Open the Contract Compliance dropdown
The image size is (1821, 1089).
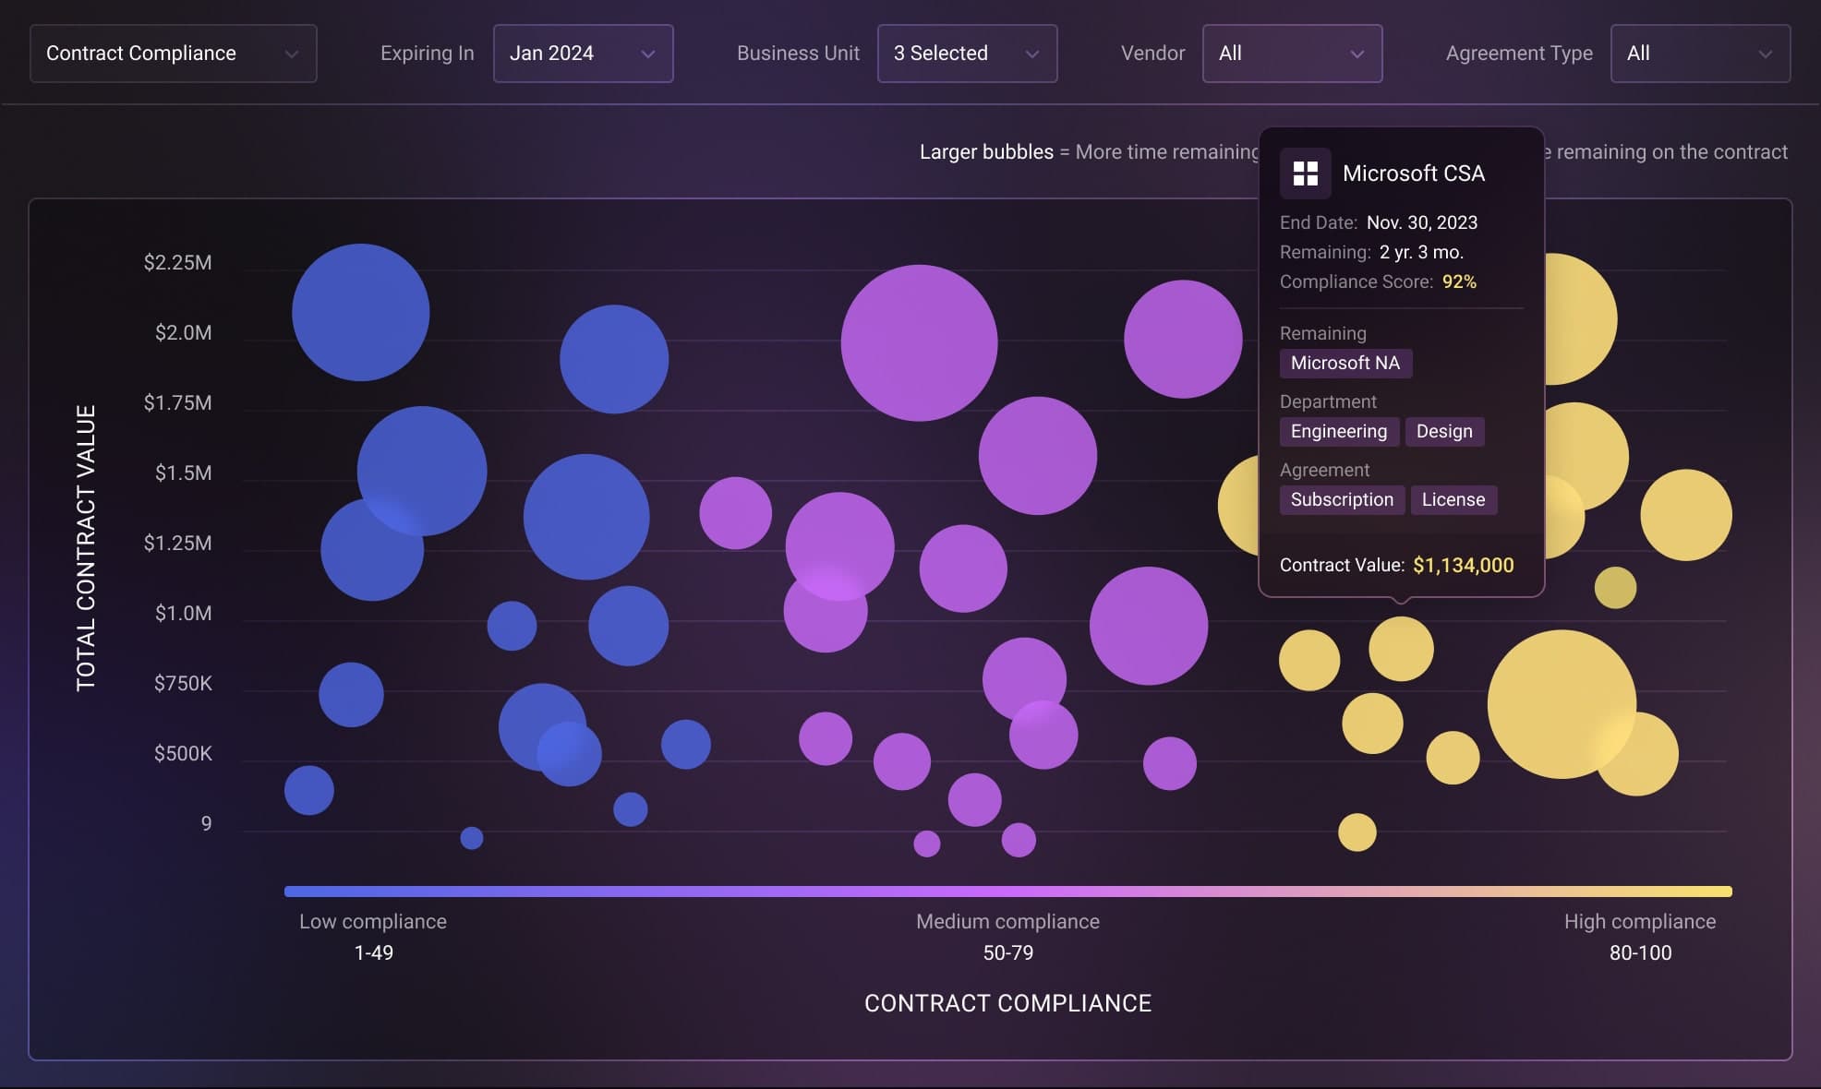point(173,54)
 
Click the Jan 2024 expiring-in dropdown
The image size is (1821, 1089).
point(583,54)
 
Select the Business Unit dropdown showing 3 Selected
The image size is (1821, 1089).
point(967,54)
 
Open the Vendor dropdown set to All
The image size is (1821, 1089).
point(1292,54)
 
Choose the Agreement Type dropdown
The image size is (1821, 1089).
point(1700,54)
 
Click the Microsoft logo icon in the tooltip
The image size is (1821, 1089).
point(1305,174)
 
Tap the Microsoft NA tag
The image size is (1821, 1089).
point(1345,363)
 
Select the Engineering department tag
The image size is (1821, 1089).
point(1338,431)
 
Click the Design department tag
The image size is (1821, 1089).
point(1444,431)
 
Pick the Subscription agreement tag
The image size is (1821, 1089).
point(1342,499)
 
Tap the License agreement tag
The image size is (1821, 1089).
point(1453,499)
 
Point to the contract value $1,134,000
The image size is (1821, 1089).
point(1463,565)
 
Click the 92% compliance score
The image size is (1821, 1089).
point(1459,281)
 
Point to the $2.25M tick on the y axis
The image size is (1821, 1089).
point(177,263)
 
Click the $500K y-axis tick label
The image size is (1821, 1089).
point(183,754)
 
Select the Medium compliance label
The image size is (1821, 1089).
point(1007,921)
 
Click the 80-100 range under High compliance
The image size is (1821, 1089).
point(1640,952)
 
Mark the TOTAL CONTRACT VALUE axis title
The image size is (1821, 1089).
point(86,547)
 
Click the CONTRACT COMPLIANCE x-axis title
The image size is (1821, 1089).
point(1007,1003)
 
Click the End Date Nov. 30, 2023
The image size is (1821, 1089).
point(1421,222)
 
